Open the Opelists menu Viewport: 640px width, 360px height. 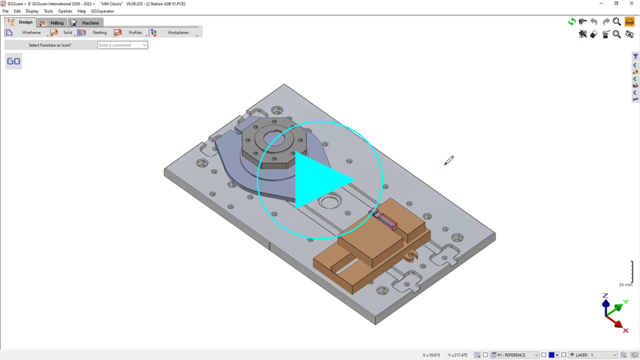[x=65, y=11]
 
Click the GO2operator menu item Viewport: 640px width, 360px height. [x=102, y=11]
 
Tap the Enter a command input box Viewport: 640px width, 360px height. [x=122, y=45]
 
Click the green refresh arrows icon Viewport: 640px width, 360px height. [x=571, y=22]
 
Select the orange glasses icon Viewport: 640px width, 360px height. [x=629, y=22]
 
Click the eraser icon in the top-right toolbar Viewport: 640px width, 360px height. [x=594, y=34]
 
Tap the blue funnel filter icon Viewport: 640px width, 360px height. [x=635, y=57]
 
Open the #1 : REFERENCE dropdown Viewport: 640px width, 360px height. [x=515, y=355]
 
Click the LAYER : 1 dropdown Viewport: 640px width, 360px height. [x=593, y=355]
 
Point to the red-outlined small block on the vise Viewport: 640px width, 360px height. [x=386, y=219]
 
